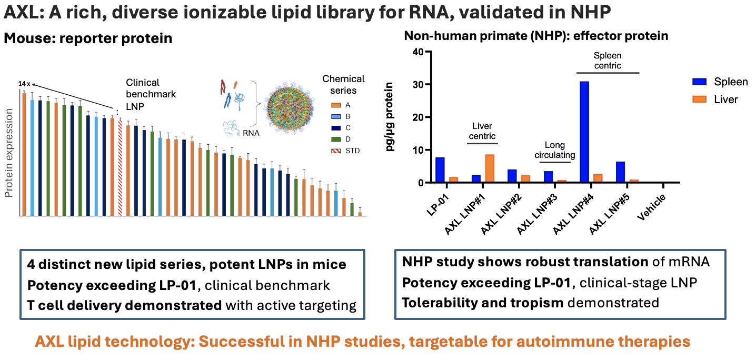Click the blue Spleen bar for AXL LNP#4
pos(584,132)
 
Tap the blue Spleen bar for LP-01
pos(440,170)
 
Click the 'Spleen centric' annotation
pos(607,60)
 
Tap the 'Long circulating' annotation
pos(555,150)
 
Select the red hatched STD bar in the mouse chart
pos(120,167)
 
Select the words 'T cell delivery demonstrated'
pos(124,305)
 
